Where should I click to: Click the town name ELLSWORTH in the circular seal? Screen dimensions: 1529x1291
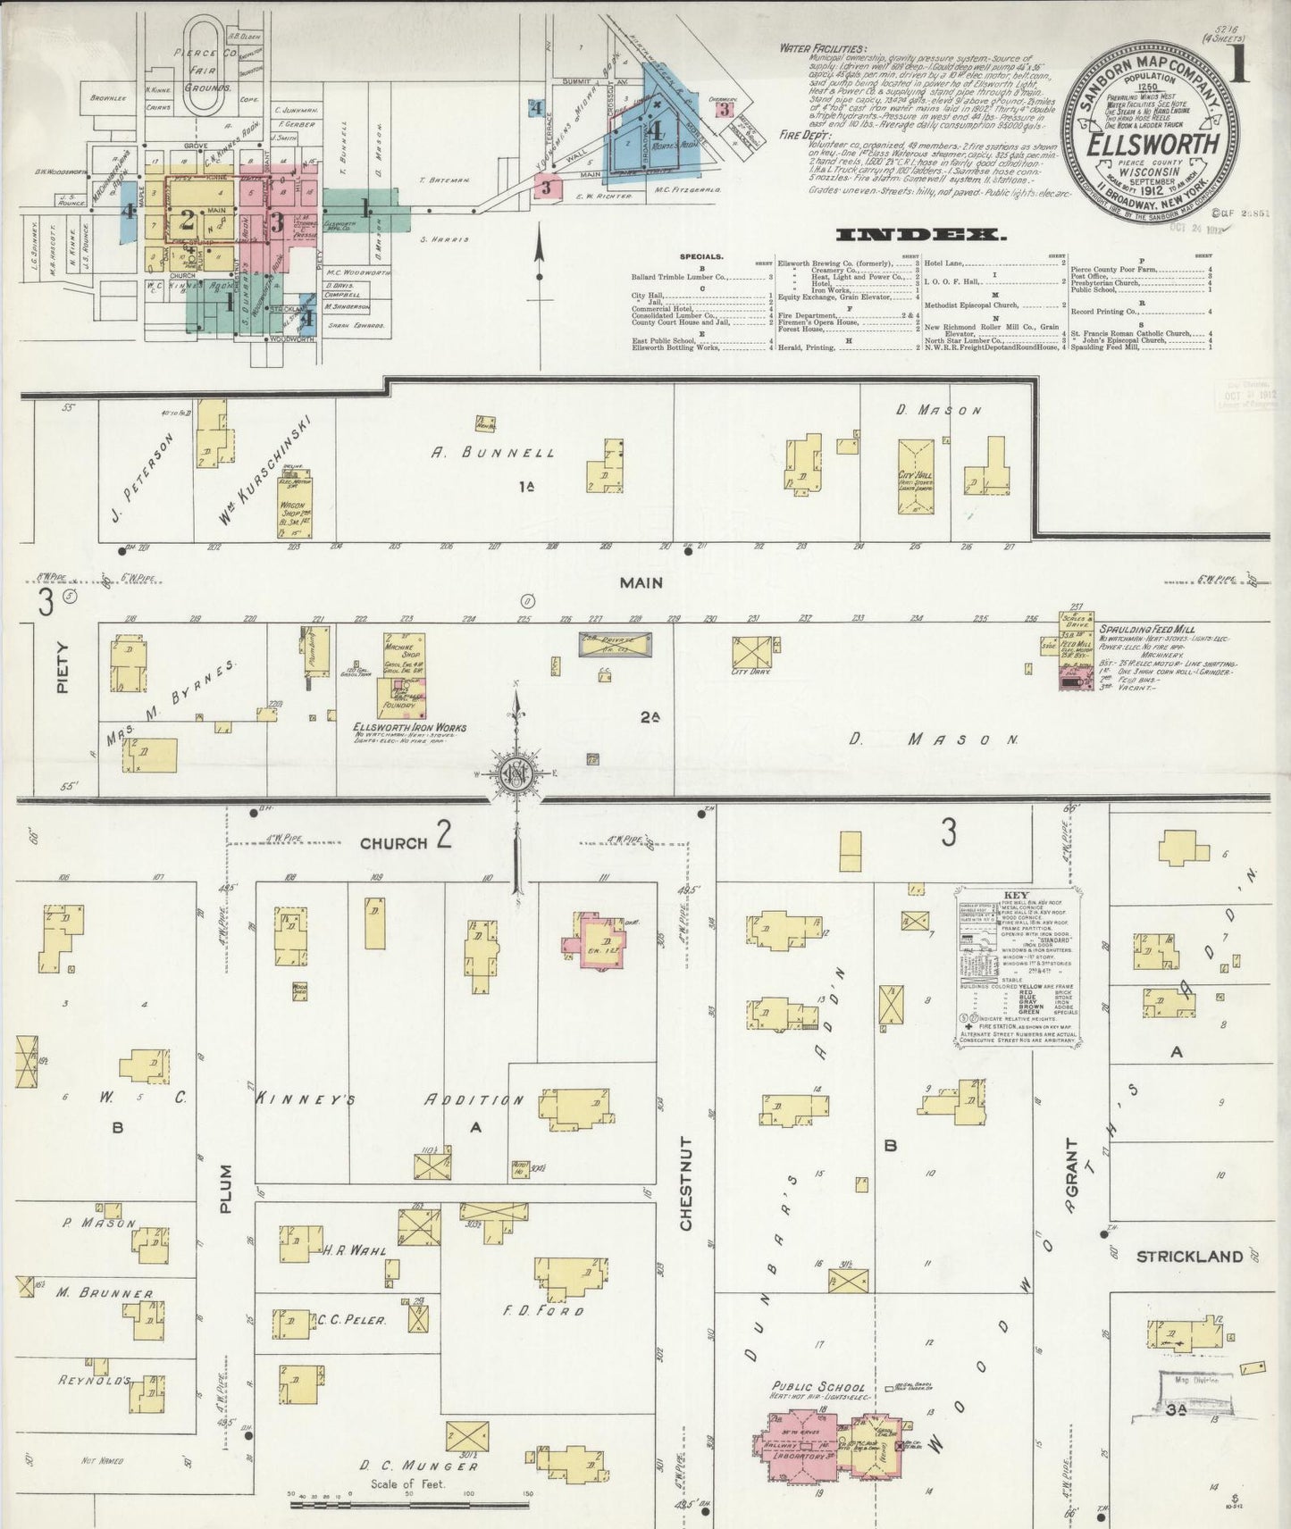[x=1153, y=144]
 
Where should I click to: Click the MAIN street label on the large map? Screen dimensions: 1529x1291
[x=642, y=582]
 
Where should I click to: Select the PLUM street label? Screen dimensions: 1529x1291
[x=225, y=1188]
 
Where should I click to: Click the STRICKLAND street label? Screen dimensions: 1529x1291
[x=1188, y=1257]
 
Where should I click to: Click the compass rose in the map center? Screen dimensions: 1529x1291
[x=517, y=773]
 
